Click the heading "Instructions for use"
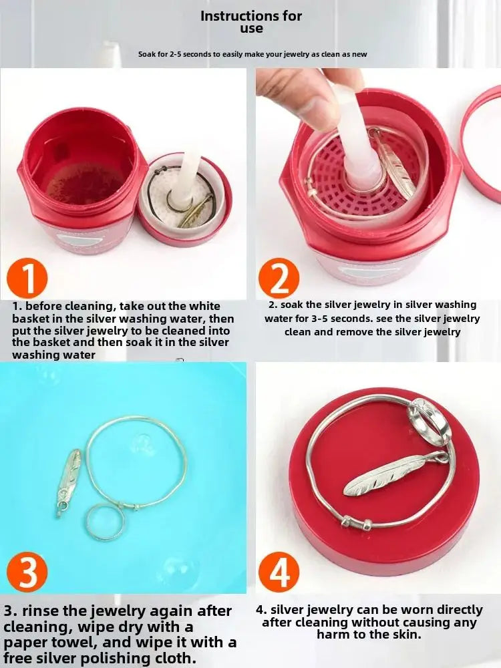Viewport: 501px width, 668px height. [251, 21]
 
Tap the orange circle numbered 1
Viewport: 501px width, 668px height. [27, 279]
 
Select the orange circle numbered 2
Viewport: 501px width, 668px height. [279, 278]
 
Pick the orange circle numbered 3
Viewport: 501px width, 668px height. [27, 572]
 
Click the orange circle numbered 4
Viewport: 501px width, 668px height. [279, 572]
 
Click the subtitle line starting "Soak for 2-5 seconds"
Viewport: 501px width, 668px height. [252, 54]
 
